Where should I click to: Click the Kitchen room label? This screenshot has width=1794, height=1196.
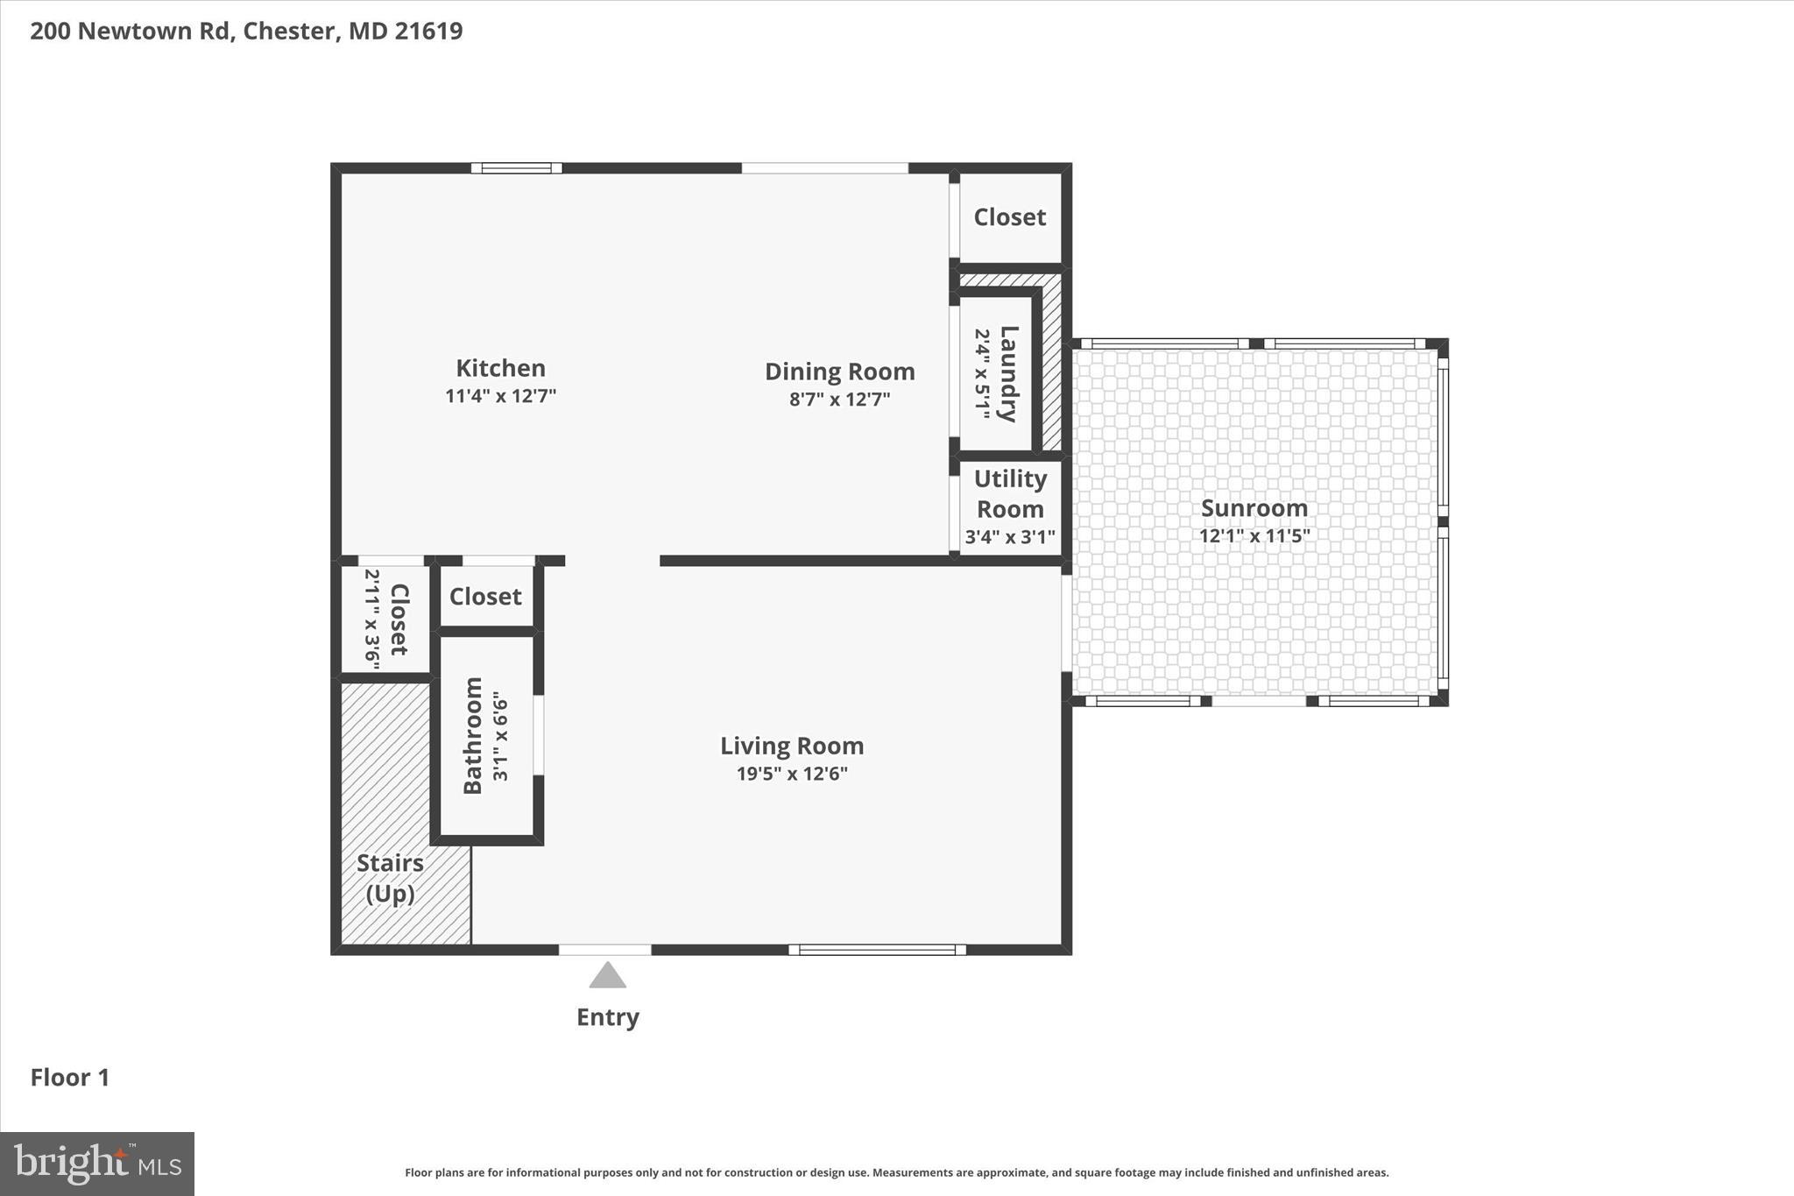coord(500,368)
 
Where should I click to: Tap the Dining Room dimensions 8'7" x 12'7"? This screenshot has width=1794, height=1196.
coord(839,400)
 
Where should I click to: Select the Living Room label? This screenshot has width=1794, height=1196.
coord(792,746)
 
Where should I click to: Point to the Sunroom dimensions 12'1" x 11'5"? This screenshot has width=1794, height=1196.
coord(1254,535)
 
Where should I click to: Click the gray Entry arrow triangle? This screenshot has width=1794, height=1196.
coord(607,976)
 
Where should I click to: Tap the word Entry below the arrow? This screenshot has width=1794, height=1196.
coord(607,1017)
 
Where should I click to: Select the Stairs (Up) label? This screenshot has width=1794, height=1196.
coord(390,878)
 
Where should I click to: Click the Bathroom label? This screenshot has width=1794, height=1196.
coord(473,735)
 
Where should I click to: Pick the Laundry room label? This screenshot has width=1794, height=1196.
coord(1008,373)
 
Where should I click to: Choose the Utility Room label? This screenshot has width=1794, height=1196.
coord(1010,493)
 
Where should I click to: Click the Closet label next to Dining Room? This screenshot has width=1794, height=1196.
coord(1009,217)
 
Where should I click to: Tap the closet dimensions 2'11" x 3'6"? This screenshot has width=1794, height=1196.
coord(371,619)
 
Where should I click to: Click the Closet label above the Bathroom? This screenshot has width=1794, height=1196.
coord(485,597)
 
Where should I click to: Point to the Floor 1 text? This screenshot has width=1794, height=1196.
coord(70,1078)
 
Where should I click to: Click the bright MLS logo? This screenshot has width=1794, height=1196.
coord(97,1164)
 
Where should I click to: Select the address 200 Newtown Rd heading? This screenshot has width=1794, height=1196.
coord(246,31)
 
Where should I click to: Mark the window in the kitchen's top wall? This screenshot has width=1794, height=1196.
coord(516,168)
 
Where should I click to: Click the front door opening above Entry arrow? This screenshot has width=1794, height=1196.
coord(604,950)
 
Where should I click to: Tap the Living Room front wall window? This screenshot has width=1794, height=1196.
coord(877,950)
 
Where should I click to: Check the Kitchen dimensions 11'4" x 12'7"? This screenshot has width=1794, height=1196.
coord(500,396)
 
